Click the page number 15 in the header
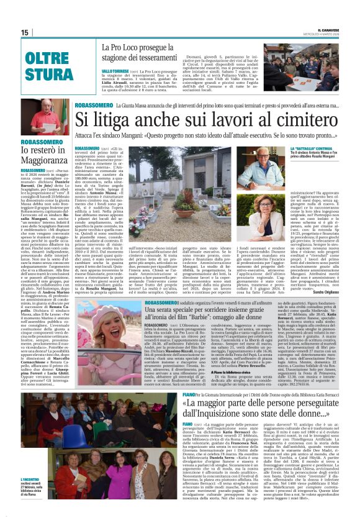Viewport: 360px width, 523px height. (x=24, y=32)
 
